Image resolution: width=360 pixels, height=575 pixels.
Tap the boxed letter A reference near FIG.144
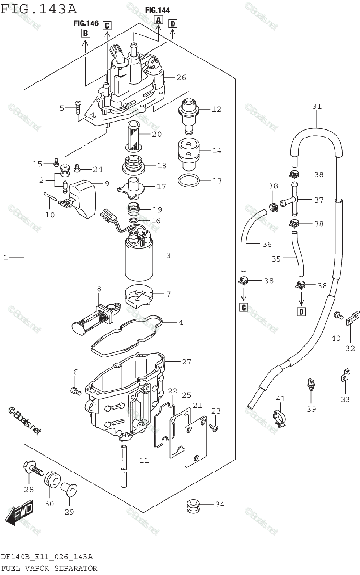[x=159, y=20]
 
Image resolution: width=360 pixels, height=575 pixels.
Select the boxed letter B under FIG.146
[x=85, y=33]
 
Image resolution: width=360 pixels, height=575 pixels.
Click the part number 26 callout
[x=181, y=77]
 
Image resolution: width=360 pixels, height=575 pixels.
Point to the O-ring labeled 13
[x=189, y=181]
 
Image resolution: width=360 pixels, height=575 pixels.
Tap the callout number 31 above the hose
[x=317, y=106]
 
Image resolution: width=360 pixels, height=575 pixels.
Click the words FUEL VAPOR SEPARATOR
[x=49, y=568]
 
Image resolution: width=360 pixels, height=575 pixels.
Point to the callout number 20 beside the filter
[x=157, y=135]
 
